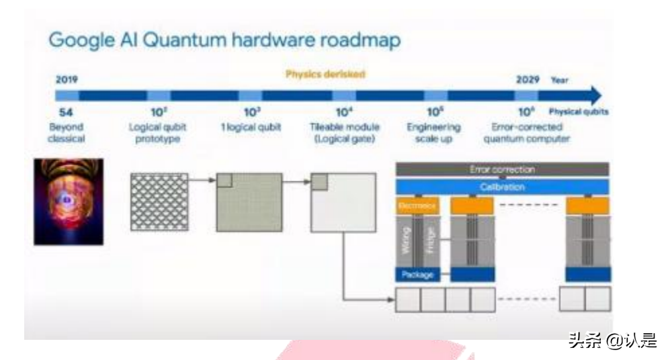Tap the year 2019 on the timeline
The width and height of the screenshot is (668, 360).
[67, 79]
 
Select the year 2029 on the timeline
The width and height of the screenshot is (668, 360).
[529, 79]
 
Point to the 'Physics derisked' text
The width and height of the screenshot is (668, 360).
[325, 75]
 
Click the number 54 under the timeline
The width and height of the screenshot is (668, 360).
[66, 112]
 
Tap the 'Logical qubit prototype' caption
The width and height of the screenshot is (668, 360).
[157, 132]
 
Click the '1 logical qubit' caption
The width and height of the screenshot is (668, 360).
[252, 127]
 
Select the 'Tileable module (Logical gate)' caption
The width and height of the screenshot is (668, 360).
[344, 132]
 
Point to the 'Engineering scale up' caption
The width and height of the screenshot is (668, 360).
[433, 132]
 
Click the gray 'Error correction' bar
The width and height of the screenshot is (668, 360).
[502, 170]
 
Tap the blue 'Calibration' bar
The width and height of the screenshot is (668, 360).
[502, 187]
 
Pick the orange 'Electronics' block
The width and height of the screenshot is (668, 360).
[417, 206]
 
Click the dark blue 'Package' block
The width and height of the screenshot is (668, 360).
[417, 274]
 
